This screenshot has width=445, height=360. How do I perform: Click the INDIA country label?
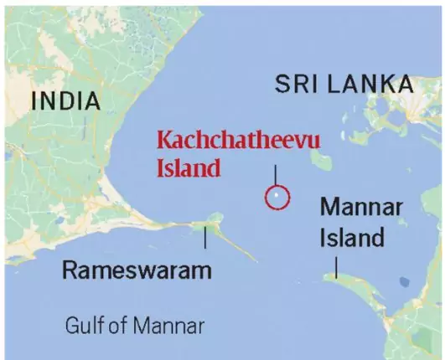(x=66, y=101)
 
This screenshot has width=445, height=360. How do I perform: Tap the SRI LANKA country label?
(x=344, y=84)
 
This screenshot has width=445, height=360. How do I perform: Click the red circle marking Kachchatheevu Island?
(x=276, y=198)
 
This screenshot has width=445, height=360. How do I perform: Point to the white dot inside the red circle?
(x=276, y=198)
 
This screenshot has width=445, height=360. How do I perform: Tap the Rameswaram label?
(x=137, y=270)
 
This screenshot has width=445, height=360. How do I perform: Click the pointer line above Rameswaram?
(x=205, y=239)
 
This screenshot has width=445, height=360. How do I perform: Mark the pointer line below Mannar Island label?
(x=336, y=266)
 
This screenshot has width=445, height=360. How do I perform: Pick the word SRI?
(x=294, y=84)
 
